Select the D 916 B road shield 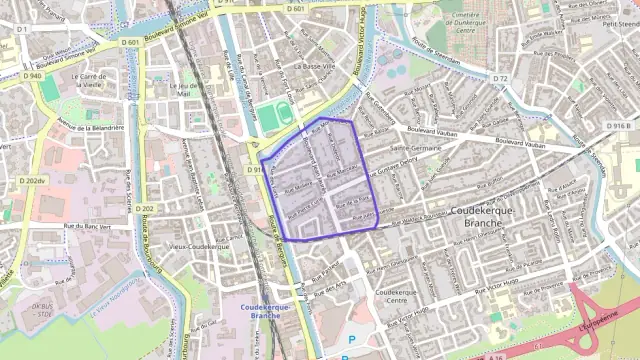pos(620,126)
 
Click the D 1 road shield pos(21,29)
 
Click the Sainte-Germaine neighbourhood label pos(417,146)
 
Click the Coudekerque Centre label pos(396,296)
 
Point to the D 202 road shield pos(147,208)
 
